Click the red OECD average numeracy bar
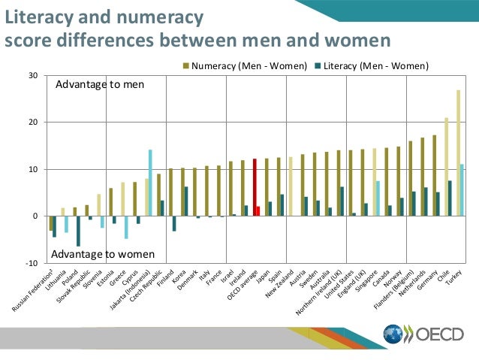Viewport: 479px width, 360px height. coord(255,187)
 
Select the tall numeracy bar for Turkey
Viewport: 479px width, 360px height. coord(458,153)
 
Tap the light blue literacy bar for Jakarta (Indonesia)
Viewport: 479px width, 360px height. coord(150,183)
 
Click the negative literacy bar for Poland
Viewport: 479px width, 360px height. coord(78,231)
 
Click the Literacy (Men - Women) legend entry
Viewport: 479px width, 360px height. coord(373,65)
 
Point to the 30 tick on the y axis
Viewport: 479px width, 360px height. coord(34,75)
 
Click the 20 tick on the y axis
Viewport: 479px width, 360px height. coord(34,123)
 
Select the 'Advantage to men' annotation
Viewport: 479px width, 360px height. coord(100,84)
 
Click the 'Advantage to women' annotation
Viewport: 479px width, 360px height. coord(103,254)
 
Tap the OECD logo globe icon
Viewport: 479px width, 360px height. coord(393,334)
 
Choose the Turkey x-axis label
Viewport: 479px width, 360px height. coord(455,277)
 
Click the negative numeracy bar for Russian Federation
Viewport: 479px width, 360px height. coord(50,223)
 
